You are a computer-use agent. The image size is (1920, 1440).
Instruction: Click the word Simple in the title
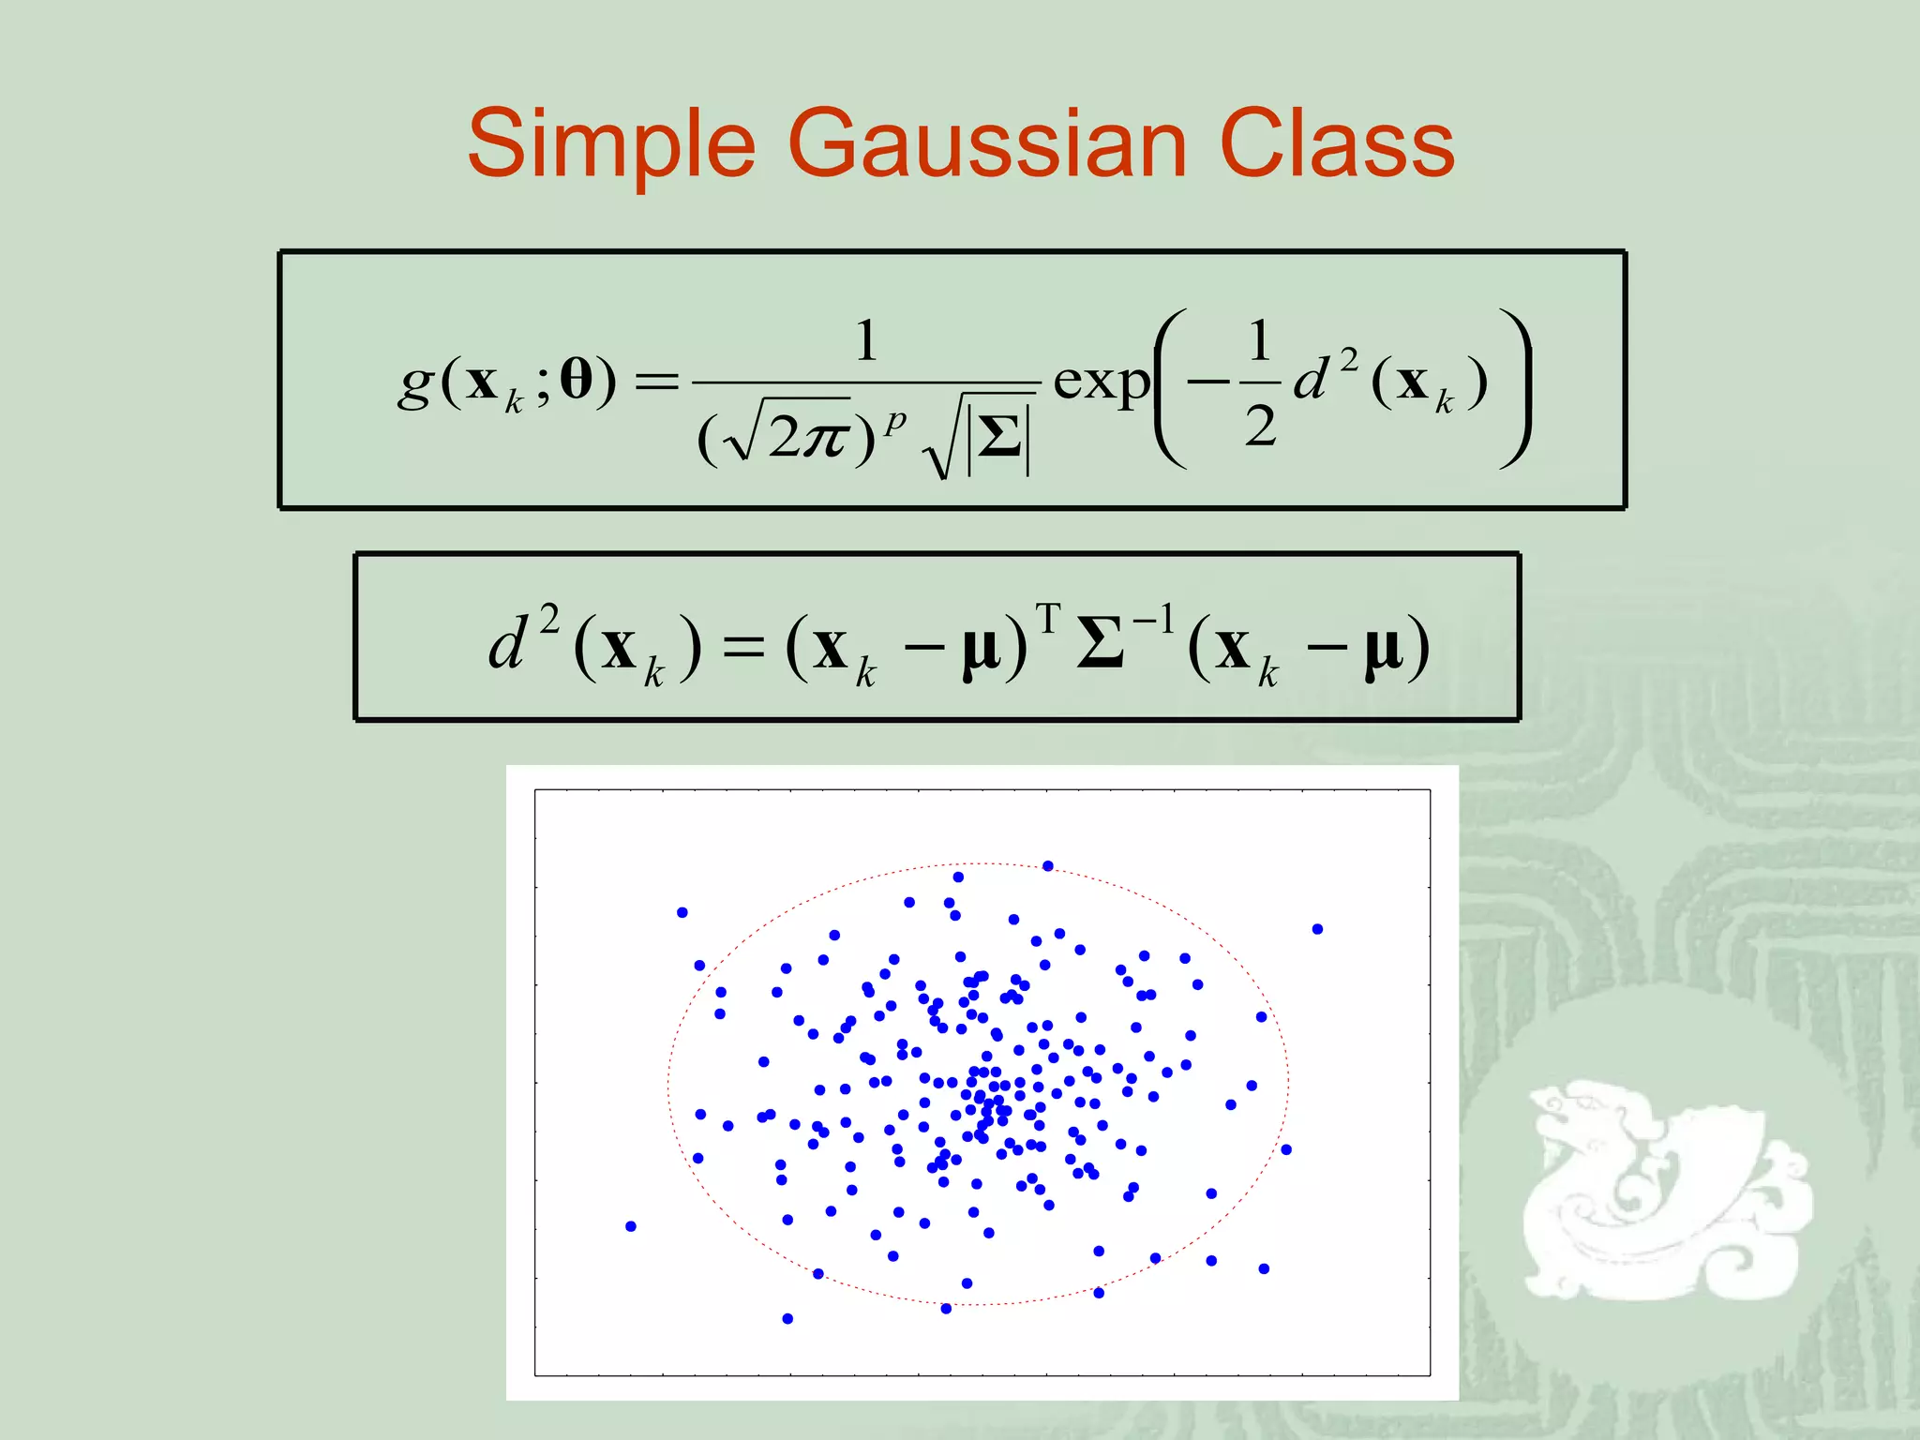(610, 145)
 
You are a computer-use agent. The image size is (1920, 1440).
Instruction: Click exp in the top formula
(1101, 382)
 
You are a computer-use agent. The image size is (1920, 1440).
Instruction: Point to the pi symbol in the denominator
(824, 437)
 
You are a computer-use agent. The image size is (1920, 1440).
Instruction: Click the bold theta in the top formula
(576, 380)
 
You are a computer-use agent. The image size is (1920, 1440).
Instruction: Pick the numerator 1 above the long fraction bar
(866, 340)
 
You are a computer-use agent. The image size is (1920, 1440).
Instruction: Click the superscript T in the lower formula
(1047, 620)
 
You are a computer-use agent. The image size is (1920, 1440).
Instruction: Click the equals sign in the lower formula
(743, 647)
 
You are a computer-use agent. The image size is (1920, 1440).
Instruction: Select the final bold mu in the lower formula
(1384, 649)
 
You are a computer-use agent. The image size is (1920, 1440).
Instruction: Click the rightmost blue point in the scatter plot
(1317, 929)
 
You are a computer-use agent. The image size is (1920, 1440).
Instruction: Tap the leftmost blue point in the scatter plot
(631, 1226)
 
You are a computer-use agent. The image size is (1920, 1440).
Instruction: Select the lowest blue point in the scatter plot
(787, 1319)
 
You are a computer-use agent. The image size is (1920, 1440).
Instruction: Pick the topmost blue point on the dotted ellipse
(1048, 866)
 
